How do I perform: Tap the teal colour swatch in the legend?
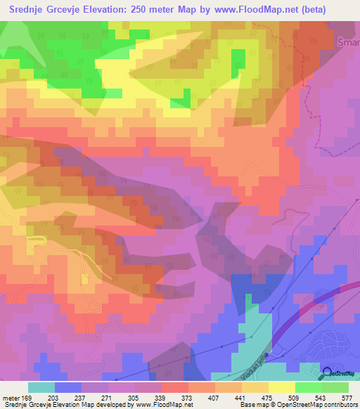click(x=41, y=387)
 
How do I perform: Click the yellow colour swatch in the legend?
click(x=281, y=387)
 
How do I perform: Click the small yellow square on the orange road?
click(x=85, y=279)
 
